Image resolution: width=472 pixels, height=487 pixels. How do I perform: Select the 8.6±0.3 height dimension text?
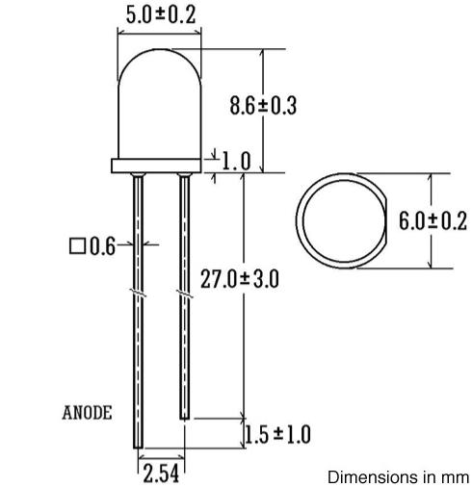262,105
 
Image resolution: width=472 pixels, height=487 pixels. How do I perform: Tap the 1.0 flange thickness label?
236,161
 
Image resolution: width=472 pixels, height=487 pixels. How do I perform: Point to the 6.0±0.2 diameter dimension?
433,220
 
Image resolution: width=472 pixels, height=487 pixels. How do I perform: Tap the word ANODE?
87,413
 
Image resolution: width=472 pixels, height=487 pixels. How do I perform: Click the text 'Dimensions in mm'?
398,476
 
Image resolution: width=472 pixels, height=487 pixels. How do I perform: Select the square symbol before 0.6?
77,247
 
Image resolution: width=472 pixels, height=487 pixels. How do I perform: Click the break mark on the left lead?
138,288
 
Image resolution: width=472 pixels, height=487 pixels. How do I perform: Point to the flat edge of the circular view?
382,220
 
